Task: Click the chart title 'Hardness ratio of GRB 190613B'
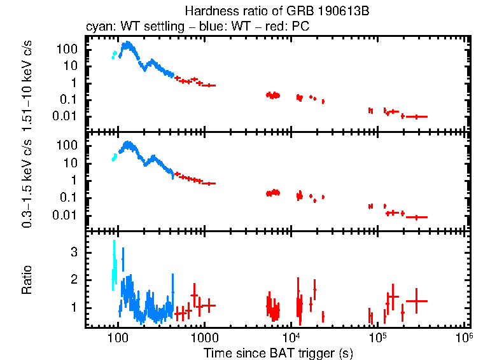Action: click(277, 11)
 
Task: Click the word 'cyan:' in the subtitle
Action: click(99, 27)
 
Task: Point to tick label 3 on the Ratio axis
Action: click(74, 253)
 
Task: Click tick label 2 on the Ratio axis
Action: click(74, 280)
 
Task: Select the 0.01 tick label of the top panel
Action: click(67, 116)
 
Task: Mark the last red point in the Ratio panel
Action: click(416, 301)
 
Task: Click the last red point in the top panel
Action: click(416, 116)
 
